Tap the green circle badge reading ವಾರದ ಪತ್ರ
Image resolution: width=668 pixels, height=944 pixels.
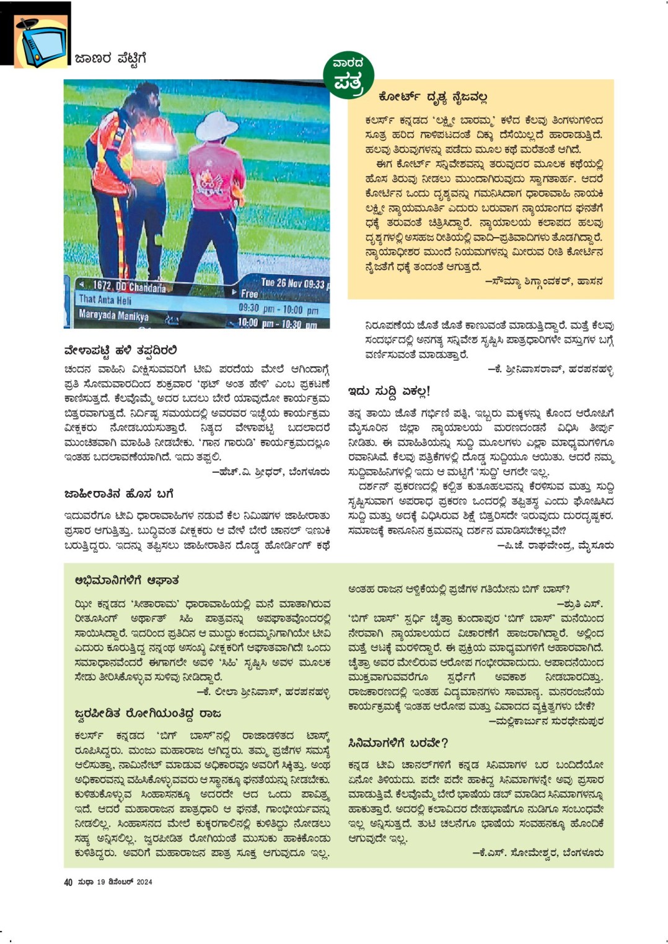[x=348, y=76]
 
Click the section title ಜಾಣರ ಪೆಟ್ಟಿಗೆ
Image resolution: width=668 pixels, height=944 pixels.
[x=110, y=59]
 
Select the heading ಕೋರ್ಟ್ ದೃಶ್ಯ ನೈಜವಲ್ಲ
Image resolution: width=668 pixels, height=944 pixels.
[x=433, y=97]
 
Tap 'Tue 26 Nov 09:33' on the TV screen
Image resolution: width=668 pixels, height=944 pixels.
[x=292, y=284]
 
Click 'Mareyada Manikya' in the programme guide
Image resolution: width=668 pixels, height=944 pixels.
[x=113, y=315]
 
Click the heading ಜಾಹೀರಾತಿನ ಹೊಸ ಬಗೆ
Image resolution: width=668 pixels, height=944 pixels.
[x=119, y=494]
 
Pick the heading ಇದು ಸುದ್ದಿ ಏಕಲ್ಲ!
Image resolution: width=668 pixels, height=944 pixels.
[x=389, y=391]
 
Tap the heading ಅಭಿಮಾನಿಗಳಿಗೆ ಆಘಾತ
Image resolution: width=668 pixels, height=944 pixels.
[x=126, y=581]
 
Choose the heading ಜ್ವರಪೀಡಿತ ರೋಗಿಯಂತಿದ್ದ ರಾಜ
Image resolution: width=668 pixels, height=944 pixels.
[x=147, y=714]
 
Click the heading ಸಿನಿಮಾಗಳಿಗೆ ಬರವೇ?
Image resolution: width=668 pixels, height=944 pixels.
[x=398, y=743]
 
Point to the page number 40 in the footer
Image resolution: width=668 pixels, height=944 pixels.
[x=68, y=882]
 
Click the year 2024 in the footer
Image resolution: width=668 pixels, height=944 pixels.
[x=144, y=882]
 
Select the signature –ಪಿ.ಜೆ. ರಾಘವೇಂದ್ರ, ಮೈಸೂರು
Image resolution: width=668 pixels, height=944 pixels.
[x=555, y=546]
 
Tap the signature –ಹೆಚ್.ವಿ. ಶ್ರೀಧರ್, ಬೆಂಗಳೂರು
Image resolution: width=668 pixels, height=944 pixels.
[x=271, y=472]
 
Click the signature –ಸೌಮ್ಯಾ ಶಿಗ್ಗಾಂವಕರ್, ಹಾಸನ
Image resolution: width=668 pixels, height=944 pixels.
[x=544, y=282]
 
